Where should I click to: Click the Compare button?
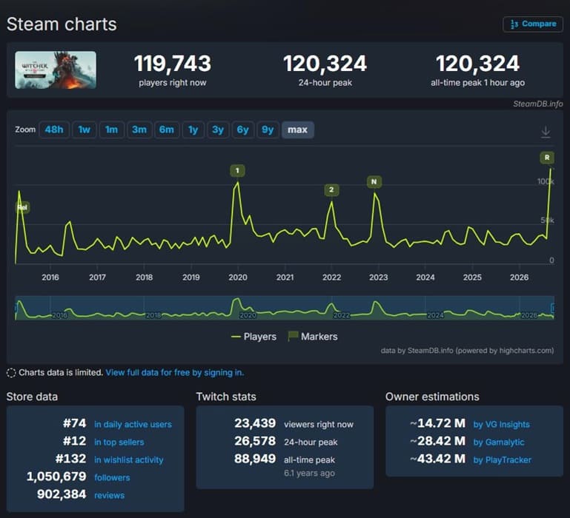(533, 24)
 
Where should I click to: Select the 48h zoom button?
(54, 129)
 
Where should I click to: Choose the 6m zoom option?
(167, 129)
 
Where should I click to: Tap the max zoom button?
(298, 129)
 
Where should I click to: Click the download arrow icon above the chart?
(546, 132)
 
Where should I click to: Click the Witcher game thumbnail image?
(56, 70)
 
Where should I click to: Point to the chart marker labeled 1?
(237, 171)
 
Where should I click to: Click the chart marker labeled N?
(374, 182)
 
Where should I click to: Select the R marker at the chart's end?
(547, 158)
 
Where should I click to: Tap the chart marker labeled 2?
(331, 190)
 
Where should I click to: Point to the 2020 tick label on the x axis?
(238, 277)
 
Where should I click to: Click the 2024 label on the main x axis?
(425, 277)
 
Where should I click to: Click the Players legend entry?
(253, 337)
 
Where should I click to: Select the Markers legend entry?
(313, 337)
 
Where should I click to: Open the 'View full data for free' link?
(174, 372)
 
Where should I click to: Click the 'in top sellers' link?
(119, 442)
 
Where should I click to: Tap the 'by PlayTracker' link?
(502, 460)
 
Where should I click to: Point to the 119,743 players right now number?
(173, 64)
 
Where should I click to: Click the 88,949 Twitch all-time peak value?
(255, 459)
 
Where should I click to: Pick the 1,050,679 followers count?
(56, 477)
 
